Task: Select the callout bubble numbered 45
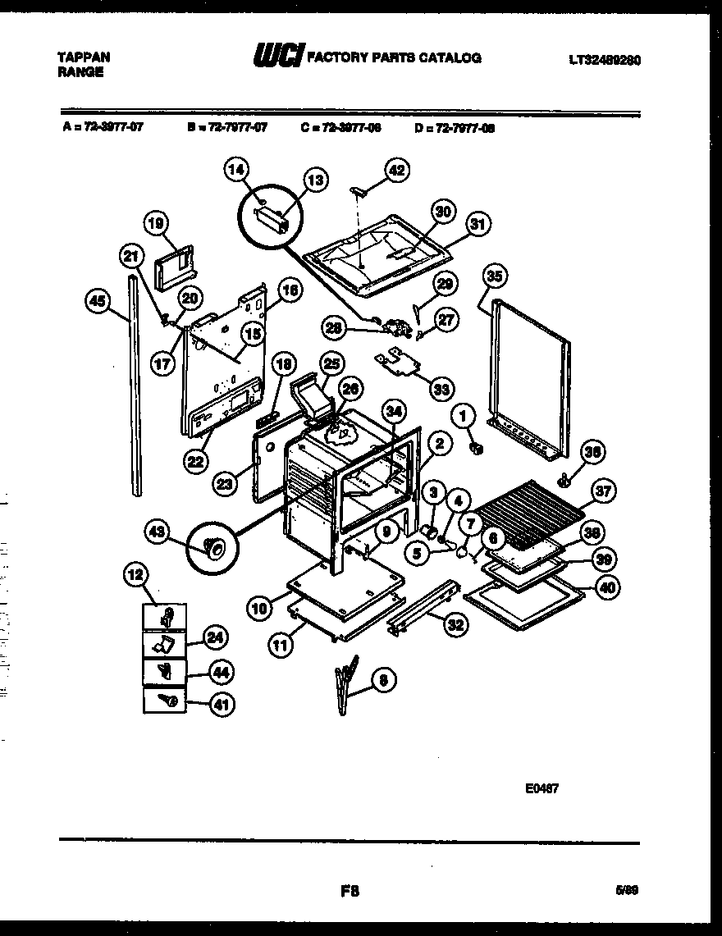[x=98, y=301]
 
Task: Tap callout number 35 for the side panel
[x=492, y=276]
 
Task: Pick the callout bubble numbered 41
[x=221, y=703]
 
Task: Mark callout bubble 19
[x=156, y=223]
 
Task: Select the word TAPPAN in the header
[x=84, y=57]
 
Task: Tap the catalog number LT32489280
[x=605, y=59]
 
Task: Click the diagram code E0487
[x=541, y=790]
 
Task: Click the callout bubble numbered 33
[x=441, y=389]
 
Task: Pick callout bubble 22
[x=195, y=462]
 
